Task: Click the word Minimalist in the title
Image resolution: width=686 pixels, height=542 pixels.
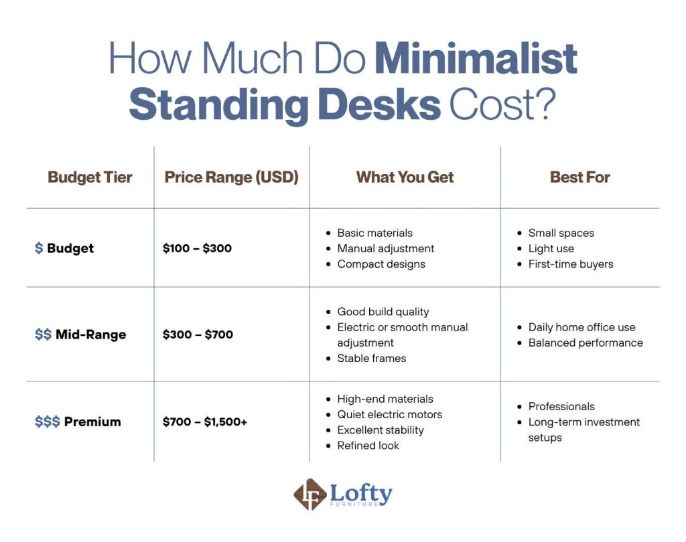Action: [x=476, y=58]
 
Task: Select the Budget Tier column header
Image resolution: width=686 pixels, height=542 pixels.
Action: [x=90, y=177]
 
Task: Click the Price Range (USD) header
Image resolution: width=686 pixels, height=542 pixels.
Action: [x=231, y=177]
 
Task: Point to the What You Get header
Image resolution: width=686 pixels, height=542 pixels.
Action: [x=405, y=177]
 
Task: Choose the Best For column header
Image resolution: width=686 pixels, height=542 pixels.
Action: [x=579, y=177]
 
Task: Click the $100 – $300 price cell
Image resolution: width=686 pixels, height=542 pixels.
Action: [x=197, y=248]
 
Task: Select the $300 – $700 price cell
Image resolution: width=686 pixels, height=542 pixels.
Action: [x=198, y=335]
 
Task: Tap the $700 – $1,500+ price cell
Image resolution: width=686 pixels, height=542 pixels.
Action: [x=204, y=422]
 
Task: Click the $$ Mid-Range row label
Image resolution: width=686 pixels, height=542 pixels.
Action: [x=80, y=335]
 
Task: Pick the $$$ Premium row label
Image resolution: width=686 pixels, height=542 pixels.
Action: [x=78, y=422]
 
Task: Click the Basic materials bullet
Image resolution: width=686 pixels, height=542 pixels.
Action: [x=374, y=233]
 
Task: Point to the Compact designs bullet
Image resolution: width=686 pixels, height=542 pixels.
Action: [x=381, y=264]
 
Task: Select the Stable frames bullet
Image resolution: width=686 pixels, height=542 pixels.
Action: [x=371, y=358]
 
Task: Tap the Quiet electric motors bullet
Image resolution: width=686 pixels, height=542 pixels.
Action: [x=389, y=414]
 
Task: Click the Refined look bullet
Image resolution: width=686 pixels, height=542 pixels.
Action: [x=368, y=446]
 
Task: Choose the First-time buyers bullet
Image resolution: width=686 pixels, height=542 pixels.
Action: [x=570, y=264]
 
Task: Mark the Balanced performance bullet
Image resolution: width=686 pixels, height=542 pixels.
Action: [x=585, y=343]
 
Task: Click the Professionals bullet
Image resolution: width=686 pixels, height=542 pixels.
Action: [x=561, y=406]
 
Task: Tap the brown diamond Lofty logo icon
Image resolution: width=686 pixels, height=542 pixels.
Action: [x=310, y=494]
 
